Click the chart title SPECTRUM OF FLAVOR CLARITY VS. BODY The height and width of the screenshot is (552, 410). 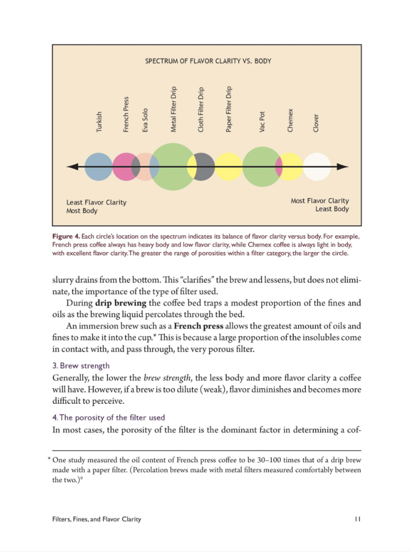(x=208, y=61)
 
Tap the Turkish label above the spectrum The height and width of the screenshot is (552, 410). (x=99, y=122)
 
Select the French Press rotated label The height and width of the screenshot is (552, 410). (x=126, y=114)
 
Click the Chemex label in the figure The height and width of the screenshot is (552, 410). (x=290, y=120)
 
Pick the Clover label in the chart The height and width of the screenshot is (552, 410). (x=316, y=123)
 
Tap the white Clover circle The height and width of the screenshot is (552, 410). (x=317, y=167)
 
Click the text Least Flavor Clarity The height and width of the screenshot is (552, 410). (x=96, y=203)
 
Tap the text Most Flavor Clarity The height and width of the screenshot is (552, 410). (x=320, y=201)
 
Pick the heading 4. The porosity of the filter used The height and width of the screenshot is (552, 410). (x=108, y=417)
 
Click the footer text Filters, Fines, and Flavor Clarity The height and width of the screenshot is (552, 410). (x=97, y=519)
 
